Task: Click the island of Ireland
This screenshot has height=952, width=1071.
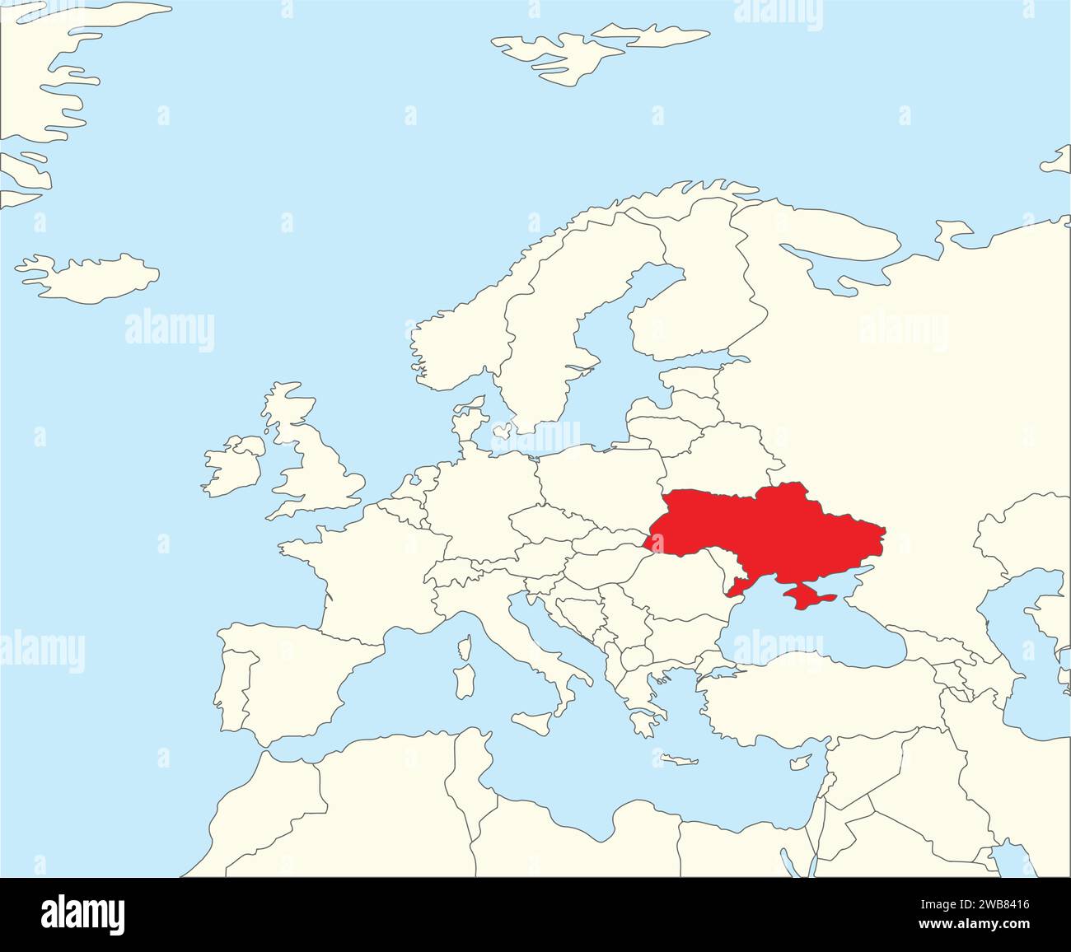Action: tap(233, 469)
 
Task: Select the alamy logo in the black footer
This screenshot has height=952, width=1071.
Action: tap(82, 914)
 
